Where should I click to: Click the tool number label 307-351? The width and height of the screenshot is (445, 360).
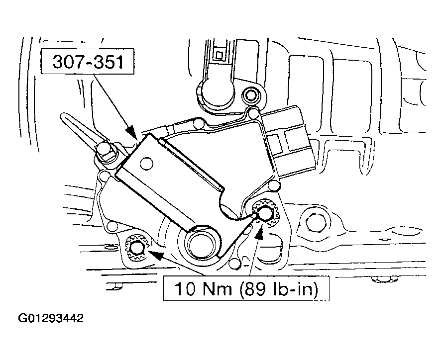pyautogui.click(x=88, y=62)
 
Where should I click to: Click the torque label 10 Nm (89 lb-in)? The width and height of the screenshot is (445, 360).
pyautogui.click(x=246, y=288)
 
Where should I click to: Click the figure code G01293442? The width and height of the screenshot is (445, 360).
pyautogui.click(x=51, y=318)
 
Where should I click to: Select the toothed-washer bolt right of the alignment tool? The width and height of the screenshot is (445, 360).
pyautogui.click(x=263, y=212)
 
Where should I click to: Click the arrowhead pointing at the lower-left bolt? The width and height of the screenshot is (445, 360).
pyautogui.click(x=156, y=255)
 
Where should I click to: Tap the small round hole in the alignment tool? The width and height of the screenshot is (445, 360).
pyautogui.click(x=146, y=164)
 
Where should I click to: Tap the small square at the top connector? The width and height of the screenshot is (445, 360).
pyautogui.click(x=219, y=54)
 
